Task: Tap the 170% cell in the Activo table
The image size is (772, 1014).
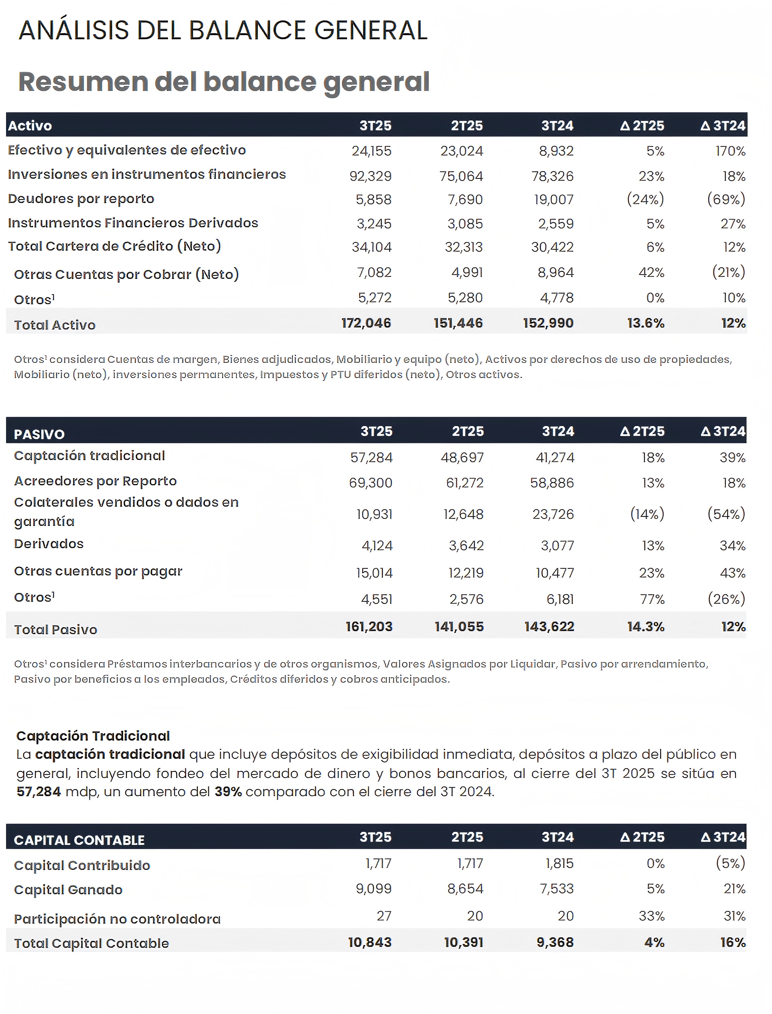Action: [x=730, y=151]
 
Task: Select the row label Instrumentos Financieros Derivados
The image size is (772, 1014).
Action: [x=133, y=223]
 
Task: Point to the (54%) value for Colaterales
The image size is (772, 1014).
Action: [x=726, y=514]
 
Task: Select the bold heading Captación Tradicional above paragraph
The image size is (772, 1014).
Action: [x=93, y=736]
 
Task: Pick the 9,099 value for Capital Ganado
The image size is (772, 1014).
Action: [x=374, y=889]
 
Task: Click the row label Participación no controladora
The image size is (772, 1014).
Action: [x=117, y=919]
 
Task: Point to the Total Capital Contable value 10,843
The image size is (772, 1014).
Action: [x=370, y=942]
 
